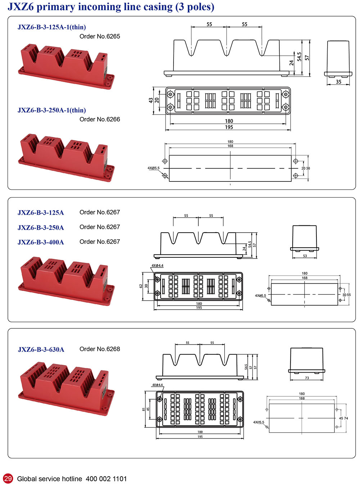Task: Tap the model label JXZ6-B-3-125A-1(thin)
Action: click(x=51, y=27)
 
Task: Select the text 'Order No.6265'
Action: click(x=100, y=36)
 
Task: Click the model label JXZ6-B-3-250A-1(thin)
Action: click(x=51, y=110)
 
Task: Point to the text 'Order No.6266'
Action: click(x=100, y=119)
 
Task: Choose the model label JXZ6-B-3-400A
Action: click(x=41, y=242)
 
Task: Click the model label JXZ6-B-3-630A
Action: click(x=41, y=350)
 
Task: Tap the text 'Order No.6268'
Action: click(x=100, y=349)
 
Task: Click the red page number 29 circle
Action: click(x=8, y=478)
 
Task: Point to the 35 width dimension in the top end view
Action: click(x=338, y=82)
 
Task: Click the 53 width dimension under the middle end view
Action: click(x=305, y=256)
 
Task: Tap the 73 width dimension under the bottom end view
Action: click(x=307, y=378)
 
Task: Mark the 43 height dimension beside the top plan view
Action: click(x=151, y=100)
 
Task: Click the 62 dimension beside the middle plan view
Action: click(x=141, y=286)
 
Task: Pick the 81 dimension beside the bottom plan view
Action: click(x=144, y=409)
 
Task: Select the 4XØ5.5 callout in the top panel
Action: click(x=153, y=168)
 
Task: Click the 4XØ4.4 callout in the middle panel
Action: click(x=157, y=266)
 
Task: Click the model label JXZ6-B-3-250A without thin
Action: click(x=41, y=228)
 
